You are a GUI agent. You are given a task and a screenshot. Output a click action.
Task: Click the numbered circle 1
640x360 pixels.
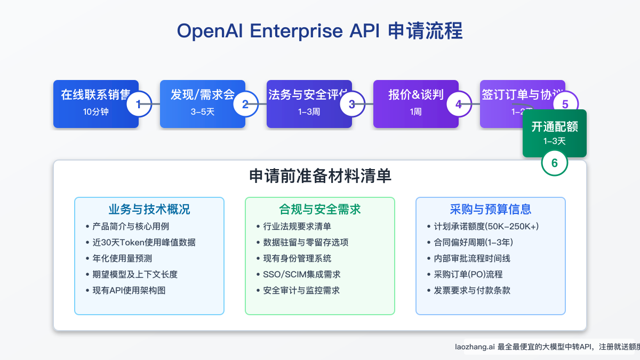pyautogui.click(x=139, y=104)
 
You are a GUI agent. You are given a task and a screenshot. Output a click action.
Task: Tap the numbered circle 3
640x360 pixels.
pyautogui.click(x=352, y=104)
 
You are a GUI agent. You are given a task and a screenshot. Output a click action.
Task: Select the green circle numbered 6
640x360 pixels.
pyautogui.click(x=555, y=163)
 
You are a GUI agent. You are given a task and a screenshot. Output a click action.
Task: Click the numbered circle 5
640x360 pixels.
pyautogui.click(x=565, y=104)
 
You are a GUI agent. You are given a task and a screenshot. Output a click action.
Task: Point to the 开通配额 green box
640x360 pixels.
pyautogui.click(x=555, y=133)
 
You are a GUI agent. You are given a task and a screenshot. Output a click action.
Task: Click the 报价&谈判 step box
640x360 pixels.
pyautogui.click(x=415, y=104)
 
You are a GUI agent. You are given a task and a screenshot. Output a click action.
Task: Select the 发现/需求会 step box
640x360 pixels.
pyautogui.click(x=202, y=104)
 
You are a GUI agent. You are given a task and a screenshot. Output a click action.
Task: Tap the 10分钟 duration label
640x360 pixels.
pyautogui.click(x=96, y=112)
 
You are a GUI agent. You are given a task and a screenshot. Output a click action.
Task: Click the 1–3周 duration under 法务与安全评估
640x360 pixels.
pyautogui.click(x=309, y=112)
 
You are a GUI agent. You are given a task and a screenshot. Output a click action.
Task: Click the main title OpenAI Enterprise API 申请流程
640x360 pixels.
pyautogui.click(x=319, y=31)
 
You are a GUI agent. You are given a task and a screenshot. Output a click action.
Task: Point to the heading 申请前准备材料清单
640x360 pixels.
pyautogui.click(x=320, y=177)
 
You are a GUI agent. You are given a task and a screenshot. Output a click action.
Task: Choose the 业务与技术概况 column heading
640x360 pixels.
pyautogui.click(x=149, y=209)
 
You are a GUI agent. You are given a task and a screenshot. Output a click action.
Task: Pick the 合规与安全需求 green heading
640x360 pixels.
pyautogui.click(x=320, y=209)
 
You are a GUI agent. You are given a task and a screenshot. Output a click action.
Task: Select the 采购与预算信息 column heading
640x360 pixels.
pyautogui.click(x=490, y=209)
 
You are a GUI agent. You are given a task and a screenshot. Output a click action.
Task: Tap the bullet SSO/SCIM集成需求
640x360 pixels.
pyautogui.click(x=302, y=275)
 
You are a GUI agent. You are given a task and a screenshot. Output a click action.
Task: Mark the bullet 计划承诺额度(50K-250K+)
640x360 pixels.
pyautogui.click(x=486, y=227)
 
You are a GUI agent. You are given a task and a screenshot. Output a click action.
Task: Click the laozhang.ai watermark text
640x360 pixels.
pyautogui.click(x=544, y=347)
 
